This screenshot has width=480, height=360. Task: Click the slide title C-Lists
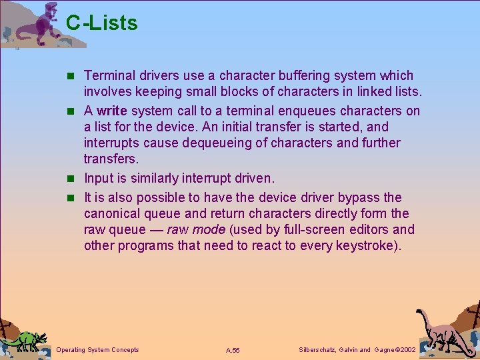tap(102, 23)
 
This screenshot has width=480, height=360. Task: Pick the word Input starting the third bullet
tap(98, 179)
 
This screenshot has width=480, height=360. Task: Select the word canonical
tap(113, 213)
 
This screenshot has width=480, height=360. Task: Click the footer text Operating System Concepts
tap(98, 350)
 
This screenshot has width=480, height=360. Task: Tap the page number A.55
tap(233, 350)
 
